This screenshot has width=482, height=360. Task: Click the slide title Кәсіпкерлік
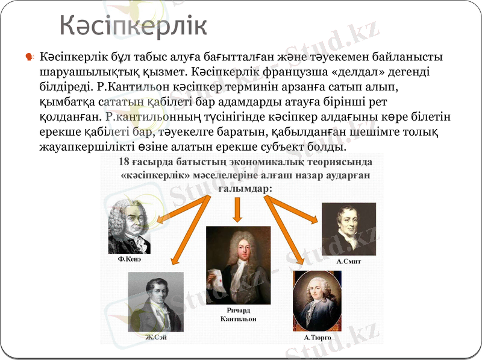tap(133, 27)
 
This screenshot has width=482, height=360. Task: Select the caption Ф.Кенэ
tap(130, 259)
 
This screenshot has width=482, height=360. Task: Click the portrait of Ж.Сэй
tap(155, 302)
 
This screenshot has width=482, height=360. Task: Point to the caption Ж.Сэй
tap(155, 337)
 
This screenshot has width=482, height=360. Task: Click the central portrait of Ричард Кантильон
tap(238, 265)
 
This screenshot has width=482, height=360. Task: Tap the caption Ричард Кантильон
tap(238, 314)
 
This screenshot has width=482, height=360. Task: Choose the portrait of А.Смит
tap(348, 229)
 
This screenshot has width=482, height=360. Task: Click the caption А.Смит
tap(348, 262)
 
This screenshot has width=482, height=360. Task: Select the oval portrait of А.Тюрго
tap(317, 300)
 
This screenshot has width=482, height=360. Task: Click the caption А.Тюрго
tap(318, 338)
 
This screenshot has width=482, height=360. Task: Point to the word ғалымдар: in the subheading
tap(244, 188)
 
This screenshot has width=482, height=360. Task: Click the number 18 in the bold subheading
tap(124, 162)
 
